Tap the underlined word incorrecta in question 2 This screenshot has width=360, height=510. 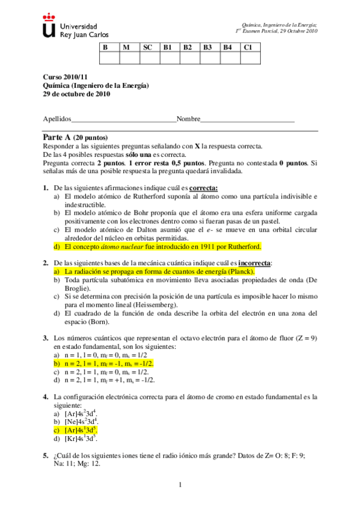click(255, 263)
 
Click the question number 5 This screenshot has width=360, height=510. click(46, 455)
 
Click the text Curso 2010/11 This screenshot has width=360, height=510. click(61, 78)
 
